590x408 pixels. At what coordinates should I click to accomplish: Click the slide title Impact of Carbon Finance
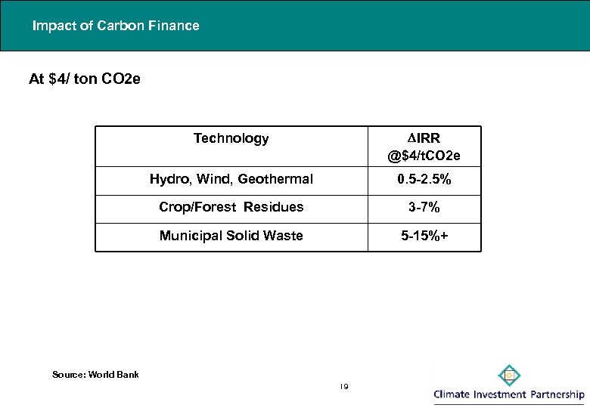[x=116, y=26]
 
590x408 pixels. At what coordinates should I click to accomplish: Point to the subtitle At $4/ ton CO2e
[x=84, y=79]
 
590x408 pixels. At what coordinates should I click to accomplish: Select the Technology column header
[x=231, y=138]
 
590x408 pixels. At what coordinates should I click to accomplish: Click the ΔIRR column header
[x=424, y=138]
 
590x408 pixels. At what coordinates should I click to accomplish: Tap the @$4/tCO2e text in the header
[x=424, y=156]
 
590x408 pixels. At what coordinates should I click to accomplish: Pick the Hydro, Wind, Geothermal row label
[x=231, y=179]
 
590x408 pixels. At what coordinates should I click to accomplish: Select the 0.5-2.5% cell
[x=424, y=179]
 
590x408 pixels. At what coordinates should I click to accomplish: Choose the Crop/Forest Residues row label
[x=231, y=207]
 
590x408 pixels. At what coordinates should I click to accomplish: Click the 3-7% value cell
[x=424, y=207]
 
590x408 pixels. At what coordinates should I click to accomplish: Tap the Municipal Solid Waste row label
[x=231, y=236]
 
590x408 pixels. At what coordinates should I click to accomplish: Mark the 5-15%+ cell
[x=424, y=236]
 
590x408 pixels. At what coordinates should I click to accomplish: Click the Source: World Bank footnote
[x=95, y=374]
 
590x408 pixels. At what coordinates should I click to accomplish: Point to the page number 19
[x=343, y=387]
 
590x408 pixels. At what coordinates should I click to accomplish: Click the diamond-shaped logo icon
[x=510, y=375]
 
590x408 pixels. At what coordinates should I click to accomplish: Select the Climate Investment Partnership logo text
[x=509, y=394]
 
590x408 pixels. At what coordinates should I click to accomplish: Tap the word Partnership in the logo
[x=556, y=394]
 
